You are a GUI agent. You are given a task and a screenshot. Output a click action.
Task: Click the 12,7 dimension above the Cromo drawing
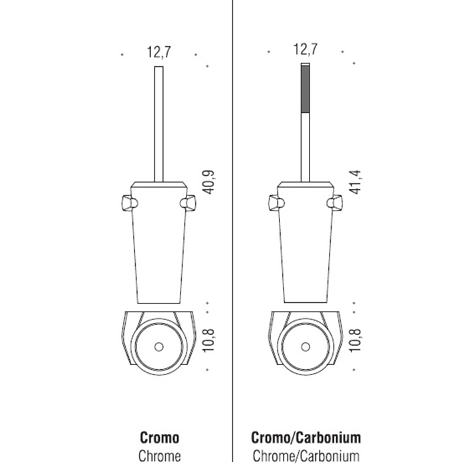[159, 52]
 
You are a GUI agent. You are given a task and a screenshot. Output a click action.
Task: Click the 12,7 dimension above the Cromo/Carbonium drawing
[306, 49]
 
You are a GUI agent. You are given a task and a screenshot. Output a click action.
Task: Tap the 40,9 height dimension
[209, 182]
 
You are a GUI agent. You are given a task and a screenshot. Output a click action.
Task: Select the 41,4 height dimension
[356, 182]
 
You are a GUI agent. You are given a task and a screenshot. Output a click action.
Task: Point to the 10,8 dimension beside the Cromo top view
[209, 340]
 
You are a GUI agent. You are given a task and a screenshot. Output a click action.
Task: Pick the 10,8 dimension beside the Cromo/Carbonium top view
[356, 340]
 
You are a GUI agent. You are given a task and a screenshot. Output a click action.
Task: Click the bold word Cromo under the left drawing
[160, 438]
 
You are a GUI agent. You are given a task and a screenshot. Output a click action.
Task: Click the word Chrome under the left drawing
[160, 456]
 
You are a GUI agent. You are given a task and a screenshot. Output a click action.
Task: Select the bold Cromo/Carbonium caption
[306, 438]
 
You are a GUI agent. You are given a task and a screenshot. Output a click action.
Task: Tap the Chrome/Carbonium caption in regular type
[306, 456]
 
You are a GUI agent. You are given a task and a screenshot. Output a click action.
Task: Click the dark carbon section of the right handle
[306, 89]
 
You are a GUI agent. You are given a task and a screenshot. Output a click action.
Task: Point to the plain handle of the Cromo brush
[159, 124]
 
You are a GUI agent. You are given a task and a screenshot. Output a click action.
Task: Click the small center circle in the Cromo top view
[159, 347]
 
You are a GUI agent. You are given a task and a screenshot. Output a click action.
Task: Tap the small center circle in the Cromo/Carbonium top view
[306, 347]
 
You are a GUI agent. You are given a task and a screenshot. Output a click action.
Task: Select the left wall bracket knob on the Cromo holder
[129, 203]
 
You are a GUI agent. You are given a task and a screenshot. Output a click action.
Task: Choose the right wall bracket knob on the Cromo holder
[188, 203]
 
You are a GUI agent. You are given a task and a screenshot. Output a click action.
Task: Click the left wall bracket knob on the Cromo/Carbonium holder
[276, 203]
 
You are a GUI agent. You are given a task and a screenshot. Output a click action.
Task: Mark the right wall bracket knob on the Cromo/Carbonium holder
[334, 203]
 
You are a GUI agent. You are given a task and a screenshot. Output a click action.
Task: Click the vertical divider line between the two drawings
[232, 231]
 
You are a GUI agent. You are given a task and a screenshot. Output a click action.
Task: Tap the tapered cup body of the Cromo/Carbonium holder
[306, 245]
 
